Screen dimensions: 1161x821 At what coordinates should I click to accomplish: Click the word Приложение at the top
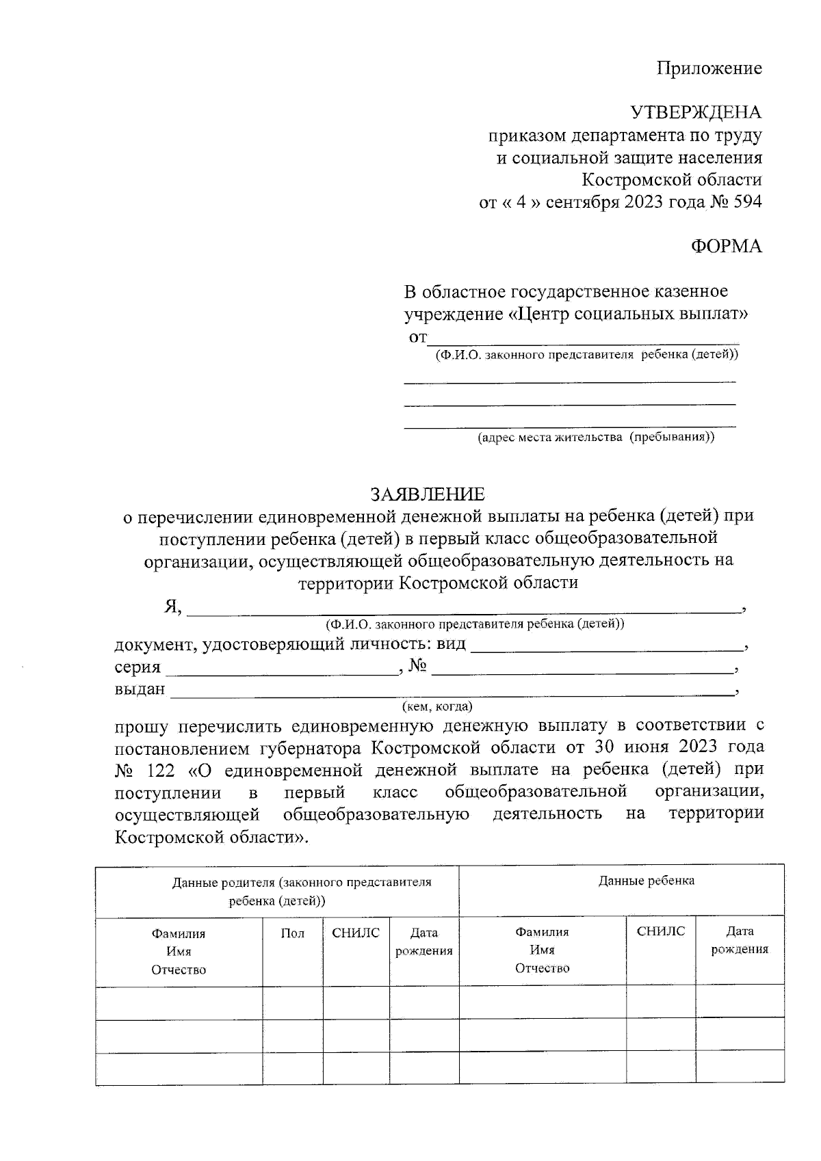[709, 68]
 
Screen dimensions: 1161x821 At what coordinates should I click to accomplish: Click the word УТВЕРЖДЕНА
[695, 113]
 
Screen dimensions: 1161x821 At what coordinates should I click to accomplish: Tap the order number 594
[746, 202]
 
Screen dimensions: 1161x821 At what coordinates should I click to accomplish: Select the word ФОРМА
[726, 247]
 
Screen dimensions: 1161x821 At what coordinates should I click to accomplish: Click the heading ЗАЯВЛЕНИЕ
[428, 494]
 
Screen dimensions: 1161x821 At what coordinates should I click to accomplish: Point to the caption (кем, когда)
[437, 706]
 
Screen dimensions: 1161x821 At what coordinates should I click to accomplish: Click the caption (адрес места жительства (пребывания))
[595, 438]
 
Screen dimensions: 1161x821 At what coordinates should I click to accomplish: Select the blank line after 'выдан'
[452, 693]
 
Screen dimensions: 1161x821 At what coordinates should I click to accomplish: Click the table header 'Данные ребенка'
[646, 881]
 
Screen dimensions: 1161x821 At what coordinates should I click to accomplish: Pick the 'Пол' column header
[293, 933]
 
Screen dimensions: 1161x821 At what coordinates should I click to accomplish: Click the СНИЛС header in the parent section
[356, 933]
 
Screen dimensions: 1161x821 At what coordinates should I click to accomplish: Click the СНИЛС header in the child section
[660, 931]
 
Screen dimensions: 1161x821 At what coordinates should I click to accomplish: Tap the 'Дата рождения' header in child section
[740, 940]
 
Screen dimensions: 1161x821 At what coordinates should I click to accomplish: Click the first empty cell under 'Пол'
[293, 1003]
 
